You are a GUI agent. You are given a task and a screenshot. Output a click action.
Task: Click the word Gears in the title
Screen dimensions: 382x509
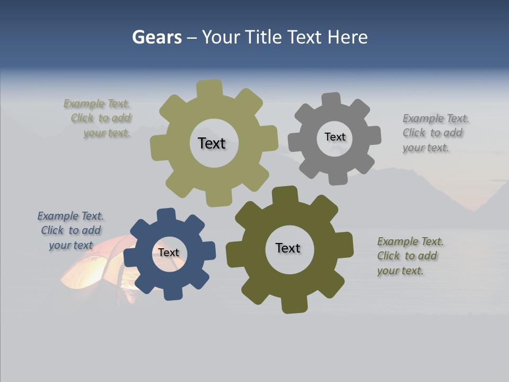(156, 38)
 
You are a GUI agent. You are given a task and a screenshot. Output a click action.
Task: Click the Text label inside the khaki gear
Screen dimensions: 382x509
(212, 143)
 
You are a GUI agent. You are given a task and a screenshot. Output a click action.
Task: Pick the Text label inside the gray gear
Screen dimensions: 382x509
(335, 137)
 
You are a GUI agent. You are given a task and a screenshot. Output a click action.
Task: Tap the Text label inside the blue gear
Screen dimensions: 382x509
(169, 253)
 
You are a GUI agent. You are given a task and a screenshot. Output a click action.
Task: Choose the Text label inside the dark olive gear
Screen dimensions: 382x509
(288, 248)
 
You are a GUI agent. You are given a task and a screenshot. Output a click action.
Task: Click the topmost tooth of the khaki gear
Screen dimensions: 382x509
(209, 88)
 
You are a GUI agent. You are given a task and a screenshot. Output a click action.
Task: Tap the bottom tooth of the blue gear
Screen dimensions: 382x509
(172, 293)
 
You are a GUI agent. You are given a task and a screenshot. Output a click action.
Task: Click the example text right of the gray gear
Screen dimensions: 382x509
(435, 133)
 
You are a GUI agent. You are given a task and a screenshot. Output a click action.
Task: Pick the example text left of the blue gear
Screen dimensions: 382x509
(71, 230)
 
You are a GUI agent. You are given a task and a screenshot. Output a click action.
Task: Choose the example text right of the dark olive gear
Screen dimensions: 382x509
(409, 256)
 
